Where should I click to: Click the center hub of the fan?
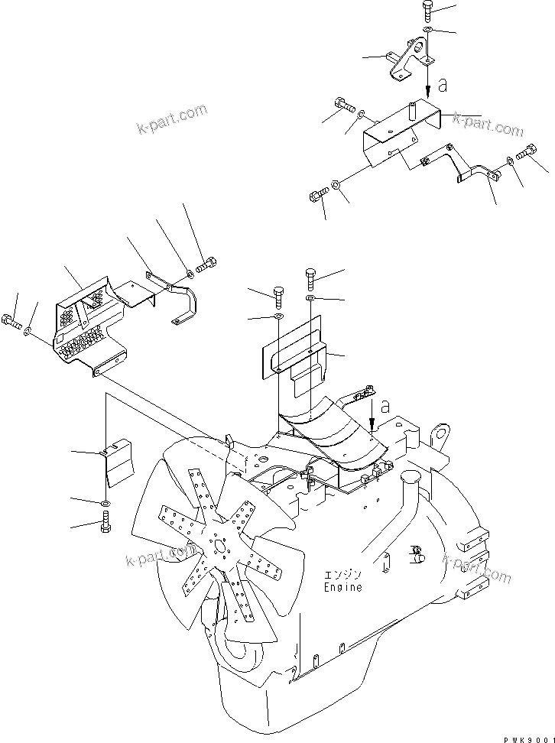click(x=220, y=545)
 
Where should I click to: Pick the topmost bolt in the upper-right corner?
click(x=427, y=12)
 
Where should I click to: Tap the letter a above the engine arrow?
click(x=385, y=406)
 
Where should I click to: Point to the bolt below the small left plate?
click(x=105, y=526)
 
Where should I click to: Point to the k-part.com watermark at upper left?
click(x=172, y=117)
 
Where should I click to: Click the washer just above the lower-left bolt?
click(x=105, y=503)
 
